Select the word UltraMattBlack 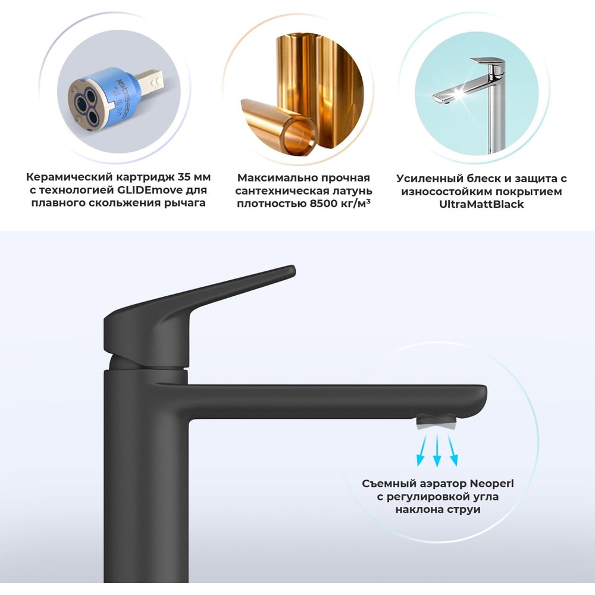[481, 204]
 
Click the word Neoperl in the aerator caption [492, 483]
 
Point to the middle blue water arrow [437, 450]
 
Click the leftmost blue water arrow [422, 450]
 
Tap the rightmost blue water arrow [452, 450]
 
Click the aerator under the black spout [437, 422]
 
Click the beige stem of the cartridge [149, 81]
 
